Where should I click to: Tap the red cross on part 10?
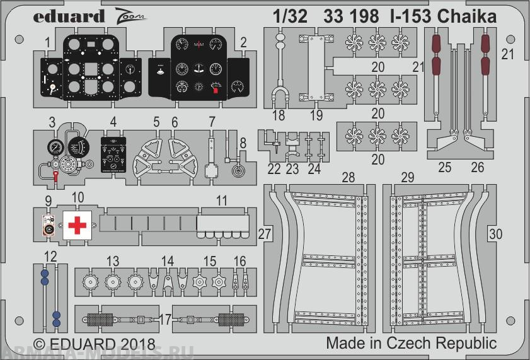click(76, 225)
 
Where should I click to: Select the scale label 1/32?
click(291, 16)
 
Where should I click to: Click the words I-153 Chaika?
click(442, 16)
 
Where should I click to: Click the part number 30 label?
click(496, 234)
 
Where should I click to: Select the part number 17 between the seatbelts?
click(165, 320)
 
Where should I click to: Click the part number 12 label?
click(50, 256)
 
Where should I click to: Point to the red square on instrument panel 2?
click(216, 91)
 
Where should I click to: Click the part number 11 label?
click(221, 200)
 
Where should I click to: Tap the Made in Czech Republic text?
click(411, 344)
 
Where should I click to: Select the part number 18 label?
click(279, 115)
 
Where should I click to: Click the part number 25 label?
click(445, 168)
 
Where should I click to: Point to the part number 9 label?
click(48, 201)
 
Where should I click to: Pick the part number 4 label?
click(113, 121)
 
